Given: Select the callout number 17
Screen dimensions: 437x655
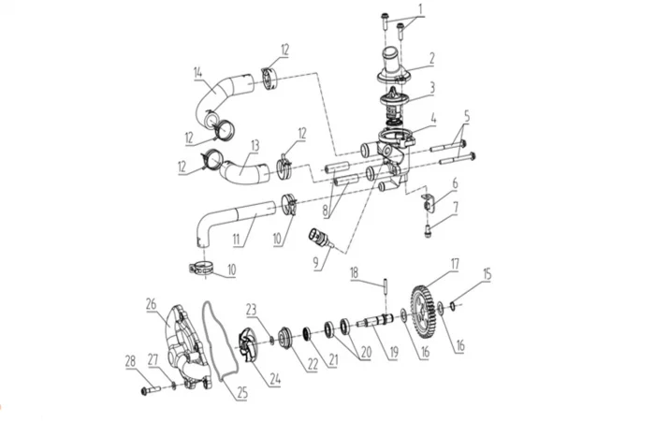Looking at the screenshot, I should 455,265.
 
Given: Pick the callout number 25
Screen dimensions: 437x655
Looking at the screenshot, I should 241,393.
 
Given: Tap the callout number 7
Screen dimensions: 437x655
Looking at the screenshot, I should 456,206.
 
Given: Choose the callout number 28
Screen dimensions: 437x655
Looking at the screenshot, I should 130,360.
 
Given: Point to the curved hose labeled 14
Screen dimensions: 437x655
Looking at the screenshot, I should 218,98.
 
